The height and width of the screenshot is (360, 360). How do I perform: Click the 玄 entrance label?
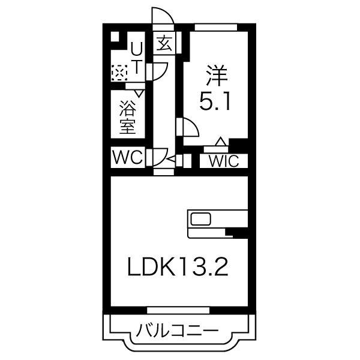click(x=164, y=43)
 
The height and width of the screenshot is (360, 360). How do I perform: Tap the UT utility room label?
click(x=137, y=58)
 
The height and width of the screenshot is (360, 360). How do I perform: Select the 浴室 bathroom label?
click(x=127, y=118)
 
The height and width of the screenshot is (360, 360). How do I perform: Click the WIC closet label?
click(x=224, y=161)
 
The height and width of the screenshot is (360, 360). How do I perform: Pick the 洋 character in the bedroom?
click(x=215, y=78)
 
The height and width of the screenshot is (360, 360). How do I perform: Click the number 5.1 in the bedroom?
click(x=215, y=104)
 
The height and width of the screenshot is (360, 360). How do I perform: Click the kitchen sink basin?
click(x=200, y=218)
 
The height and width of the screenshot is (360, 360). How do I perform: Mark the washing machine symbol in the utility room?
click(x=119, y=73)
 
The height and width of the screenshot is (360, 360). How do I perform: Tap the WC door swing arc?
click(x=159, y=158)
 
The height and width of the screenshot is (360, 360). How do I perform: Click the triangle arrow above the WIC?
click(x=221, y=142)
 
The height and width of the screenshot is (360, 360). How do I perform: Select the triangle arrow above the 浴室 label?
click(x=139, y=93)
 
